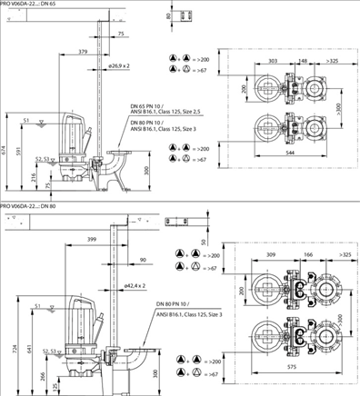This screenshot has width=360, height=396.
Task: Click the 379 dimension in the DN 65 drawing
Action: tap(84, 52)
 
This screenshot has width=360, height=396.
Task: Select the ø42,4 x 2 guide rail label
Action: tap(135, 284)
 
